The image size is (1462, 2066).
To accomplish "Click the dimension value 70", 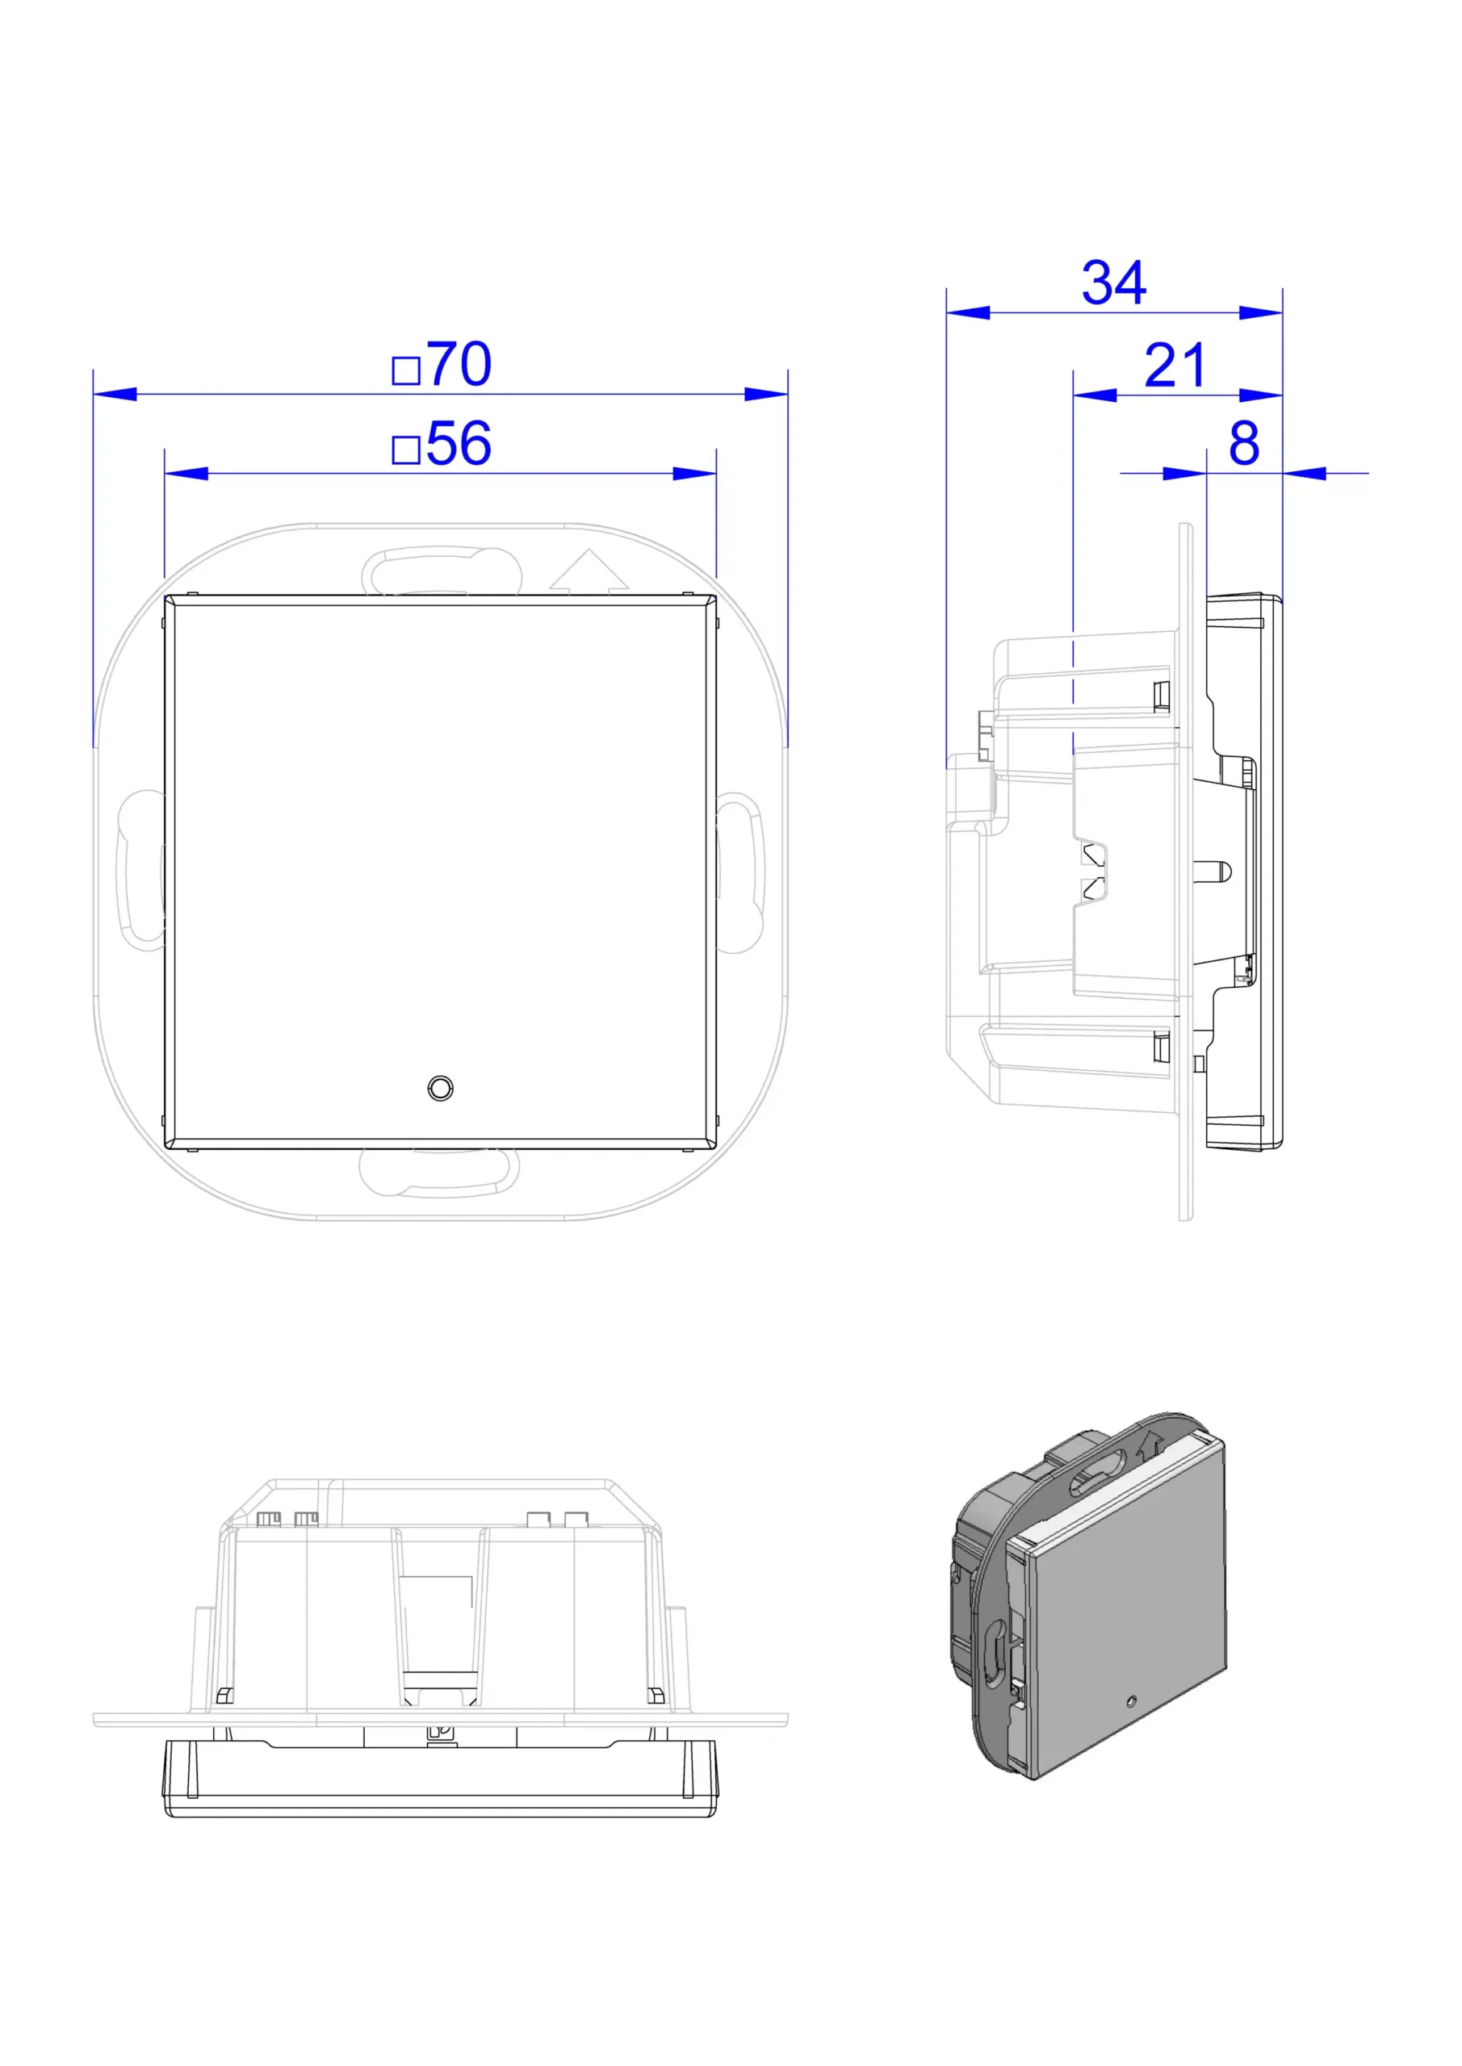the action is pos(459,365).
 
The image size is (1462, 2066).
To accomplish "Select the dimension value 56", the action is pos(459,443).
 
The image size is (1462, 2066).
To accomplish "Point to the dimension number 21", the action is pos(1175,366).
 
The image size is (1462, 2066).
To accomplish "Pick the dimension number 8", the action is pos(1244,443).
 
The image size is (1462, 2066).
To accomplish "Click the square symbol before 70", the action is pos(406,370).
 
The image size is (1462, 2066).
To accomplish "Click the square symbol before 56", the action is pos(406,449).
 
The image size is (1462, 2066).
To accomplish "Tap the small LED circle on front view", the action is pos(440,1088).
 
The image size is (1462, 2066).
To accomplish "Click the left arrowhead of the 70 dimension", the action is pos(115,394).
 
